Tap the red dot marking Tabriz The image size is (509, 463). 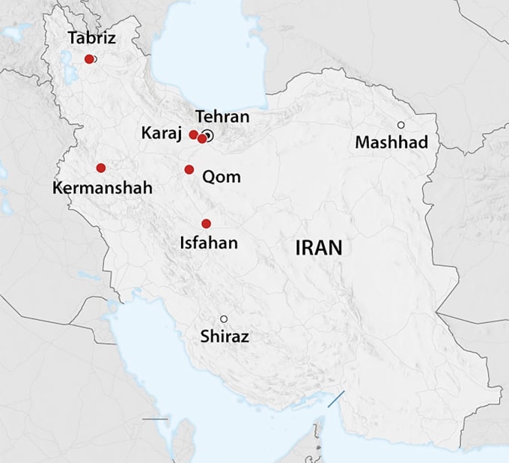[x=89, y=58]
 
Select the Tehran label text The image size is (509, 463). [x=222, y=116]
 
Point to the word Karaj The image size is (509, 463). [x=162, y=133]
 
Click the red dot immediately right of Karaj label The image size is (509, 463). [x=193, y=135]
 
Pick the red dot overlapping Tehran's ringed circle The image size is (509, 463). [x=202, y=139]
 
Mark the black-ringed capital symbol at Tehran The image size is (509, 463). [x=209, y=136]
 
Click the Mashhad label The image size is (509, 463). [x=391, y=142]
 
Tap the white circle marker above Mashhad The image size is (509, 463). [x=401, y=124]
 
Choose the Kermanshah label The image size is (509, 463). [x=102, y=188]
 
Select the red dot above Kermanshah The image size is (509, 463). [x=100, y=168]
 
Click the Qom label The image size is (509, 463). [x=222, y=178]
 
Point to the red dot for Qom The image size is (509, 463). [x=189, y=169]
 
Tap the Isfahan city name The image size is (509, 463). [x=209, y=243]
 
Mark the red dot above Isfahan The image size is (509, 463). [x=206, y=223]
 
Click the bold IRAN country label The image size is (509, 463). [x=318, y=248]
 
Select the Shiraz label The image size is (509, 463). [x=225, y=337]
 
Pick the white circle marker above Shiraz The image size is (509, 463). [x=223, y=319]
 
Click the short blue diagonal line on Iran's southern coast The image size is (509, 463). [x=335, y=399]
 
